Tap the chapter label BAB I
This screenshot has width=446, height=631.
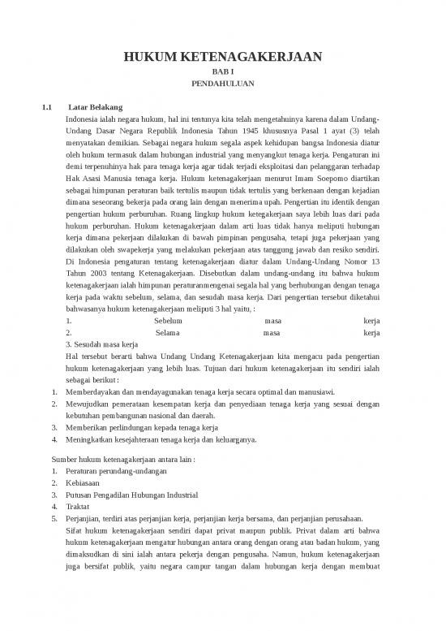222,71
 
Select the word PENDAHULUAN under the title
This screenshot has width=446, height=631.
222,84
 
